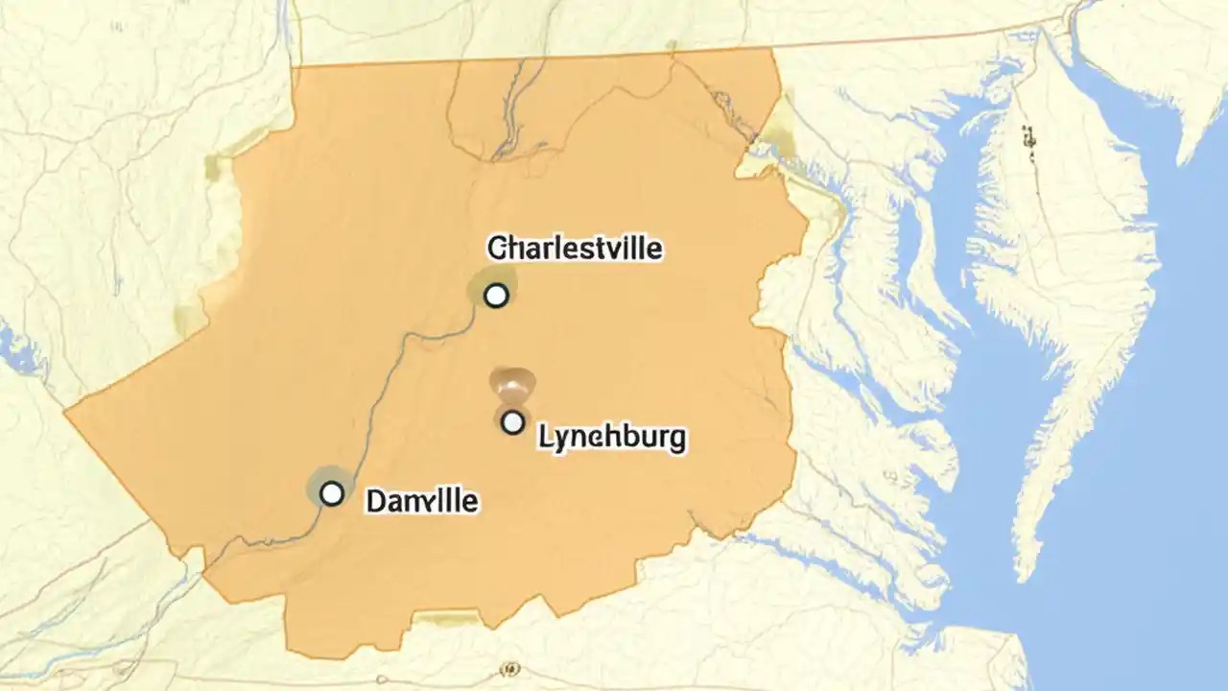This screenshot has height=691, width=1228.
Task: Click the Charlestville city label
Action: (575, 249)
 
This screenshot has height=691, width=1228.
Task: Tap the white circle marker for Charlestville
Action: (495, 295)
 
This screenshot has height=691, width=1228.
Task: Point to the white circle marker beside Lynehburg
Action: (513, 421)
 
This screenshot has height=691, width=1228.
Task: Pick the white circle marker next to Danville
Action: (331, 493)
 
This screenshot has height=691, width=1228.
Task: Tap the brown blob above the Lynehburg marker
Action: (512, 383)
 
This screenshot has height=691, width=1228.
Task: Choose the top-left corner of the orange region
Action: (294, 67)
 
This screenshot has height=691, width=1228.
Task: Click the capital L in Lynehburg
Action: (544, 438)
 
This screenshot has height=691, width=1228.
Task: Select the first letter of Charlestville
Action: (496, 249)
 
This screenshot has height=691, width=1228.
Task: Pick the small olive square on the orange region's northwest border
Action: (212, 168)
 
